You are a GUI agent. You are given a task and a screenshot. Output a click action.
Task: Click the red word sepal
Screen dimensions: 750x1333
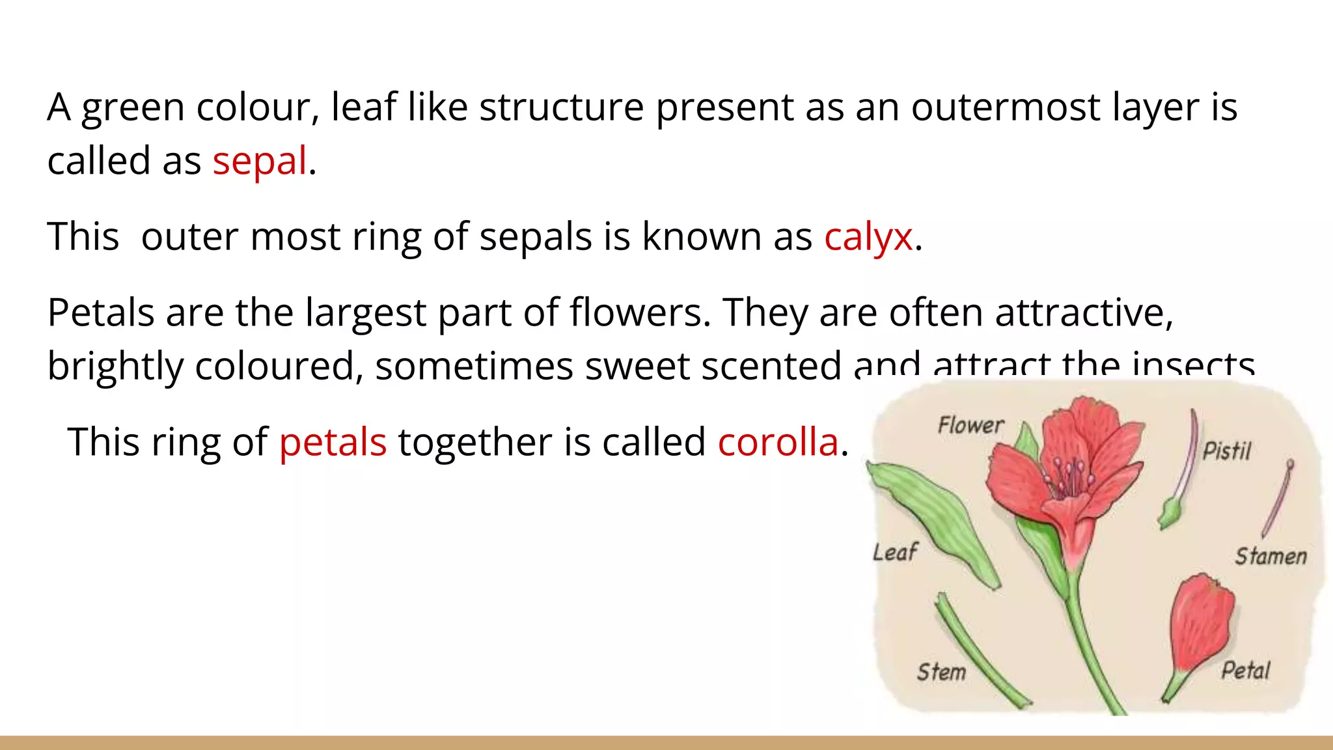tap(259, 161)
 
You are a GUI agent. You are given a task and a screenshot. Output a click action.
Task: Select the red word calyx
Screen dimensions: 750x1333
tap(868, 236)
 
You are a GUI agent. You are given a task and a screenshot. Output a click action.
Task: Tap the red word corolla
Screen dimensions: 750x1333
tap(778, 442)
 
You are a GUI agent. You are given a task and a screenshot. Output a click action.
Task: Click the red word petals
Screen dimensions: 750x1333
tap(333, 442)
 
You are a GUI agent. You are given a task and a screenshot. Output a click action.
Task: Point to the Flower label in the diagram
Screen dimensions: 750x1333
tap(970, 425)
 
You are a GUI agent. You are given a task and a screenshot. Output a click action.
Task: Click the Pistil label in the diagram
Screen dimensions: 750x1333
tap(1226, 451)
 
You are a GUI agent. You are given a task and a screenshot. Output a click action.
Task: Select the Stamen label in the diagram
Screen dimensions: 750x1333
tap(1271, 556)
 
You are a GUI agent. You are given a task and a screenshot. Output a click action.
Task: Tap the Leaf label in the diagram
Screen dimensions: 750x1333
tap(895, 552)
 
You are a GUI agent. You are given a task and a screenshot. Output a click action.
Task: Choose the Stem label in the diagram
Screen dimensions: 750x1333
tap(941, 671)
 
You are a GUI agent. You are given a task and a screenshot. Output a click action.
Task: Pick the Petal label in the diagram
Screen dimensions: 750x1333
tap(1245, 670)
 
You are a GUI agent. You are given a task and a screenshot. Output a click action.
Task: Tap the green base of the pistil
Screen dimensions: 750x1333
tap(1170, 514)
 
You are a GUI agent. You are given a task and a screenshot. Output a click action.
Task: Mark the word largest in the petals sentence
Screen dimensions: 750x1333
tap(366, 312)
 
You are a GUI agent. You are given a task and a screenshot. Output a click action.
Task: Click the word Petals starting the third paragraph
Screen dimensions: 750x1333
tap(100, 312)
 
